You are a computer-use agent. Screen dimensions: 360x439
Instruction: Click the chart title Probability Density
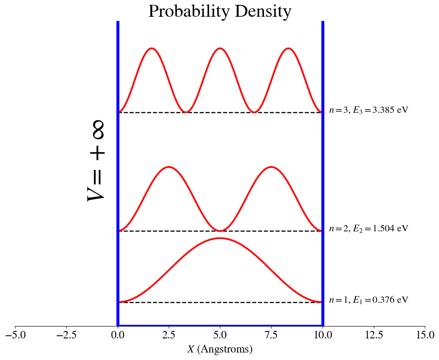[219, 11]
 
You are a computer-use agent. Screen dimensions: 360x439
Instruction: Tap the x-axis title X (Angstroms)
[219, 349]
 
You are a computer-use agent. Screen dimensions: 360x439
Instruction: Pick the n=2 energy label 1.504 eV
[368, 228]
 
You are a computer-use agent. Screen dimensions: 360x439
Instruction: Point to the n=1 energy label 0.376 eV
[368, 300]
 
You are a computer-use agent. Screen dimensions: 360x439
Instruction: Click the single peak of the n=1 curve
[220, 238]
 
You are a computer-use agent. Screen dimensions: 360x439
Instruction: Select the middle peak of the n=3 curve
[220, 48]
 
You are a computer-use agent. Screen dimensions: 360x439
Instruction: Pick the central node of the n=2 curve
[220, 230]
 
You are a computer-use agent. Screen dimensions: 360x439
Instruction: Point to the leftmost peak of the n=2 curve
[169, 167]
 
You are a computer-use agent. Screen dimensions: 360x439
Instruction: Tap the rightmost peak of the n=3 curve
[288, 48]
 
